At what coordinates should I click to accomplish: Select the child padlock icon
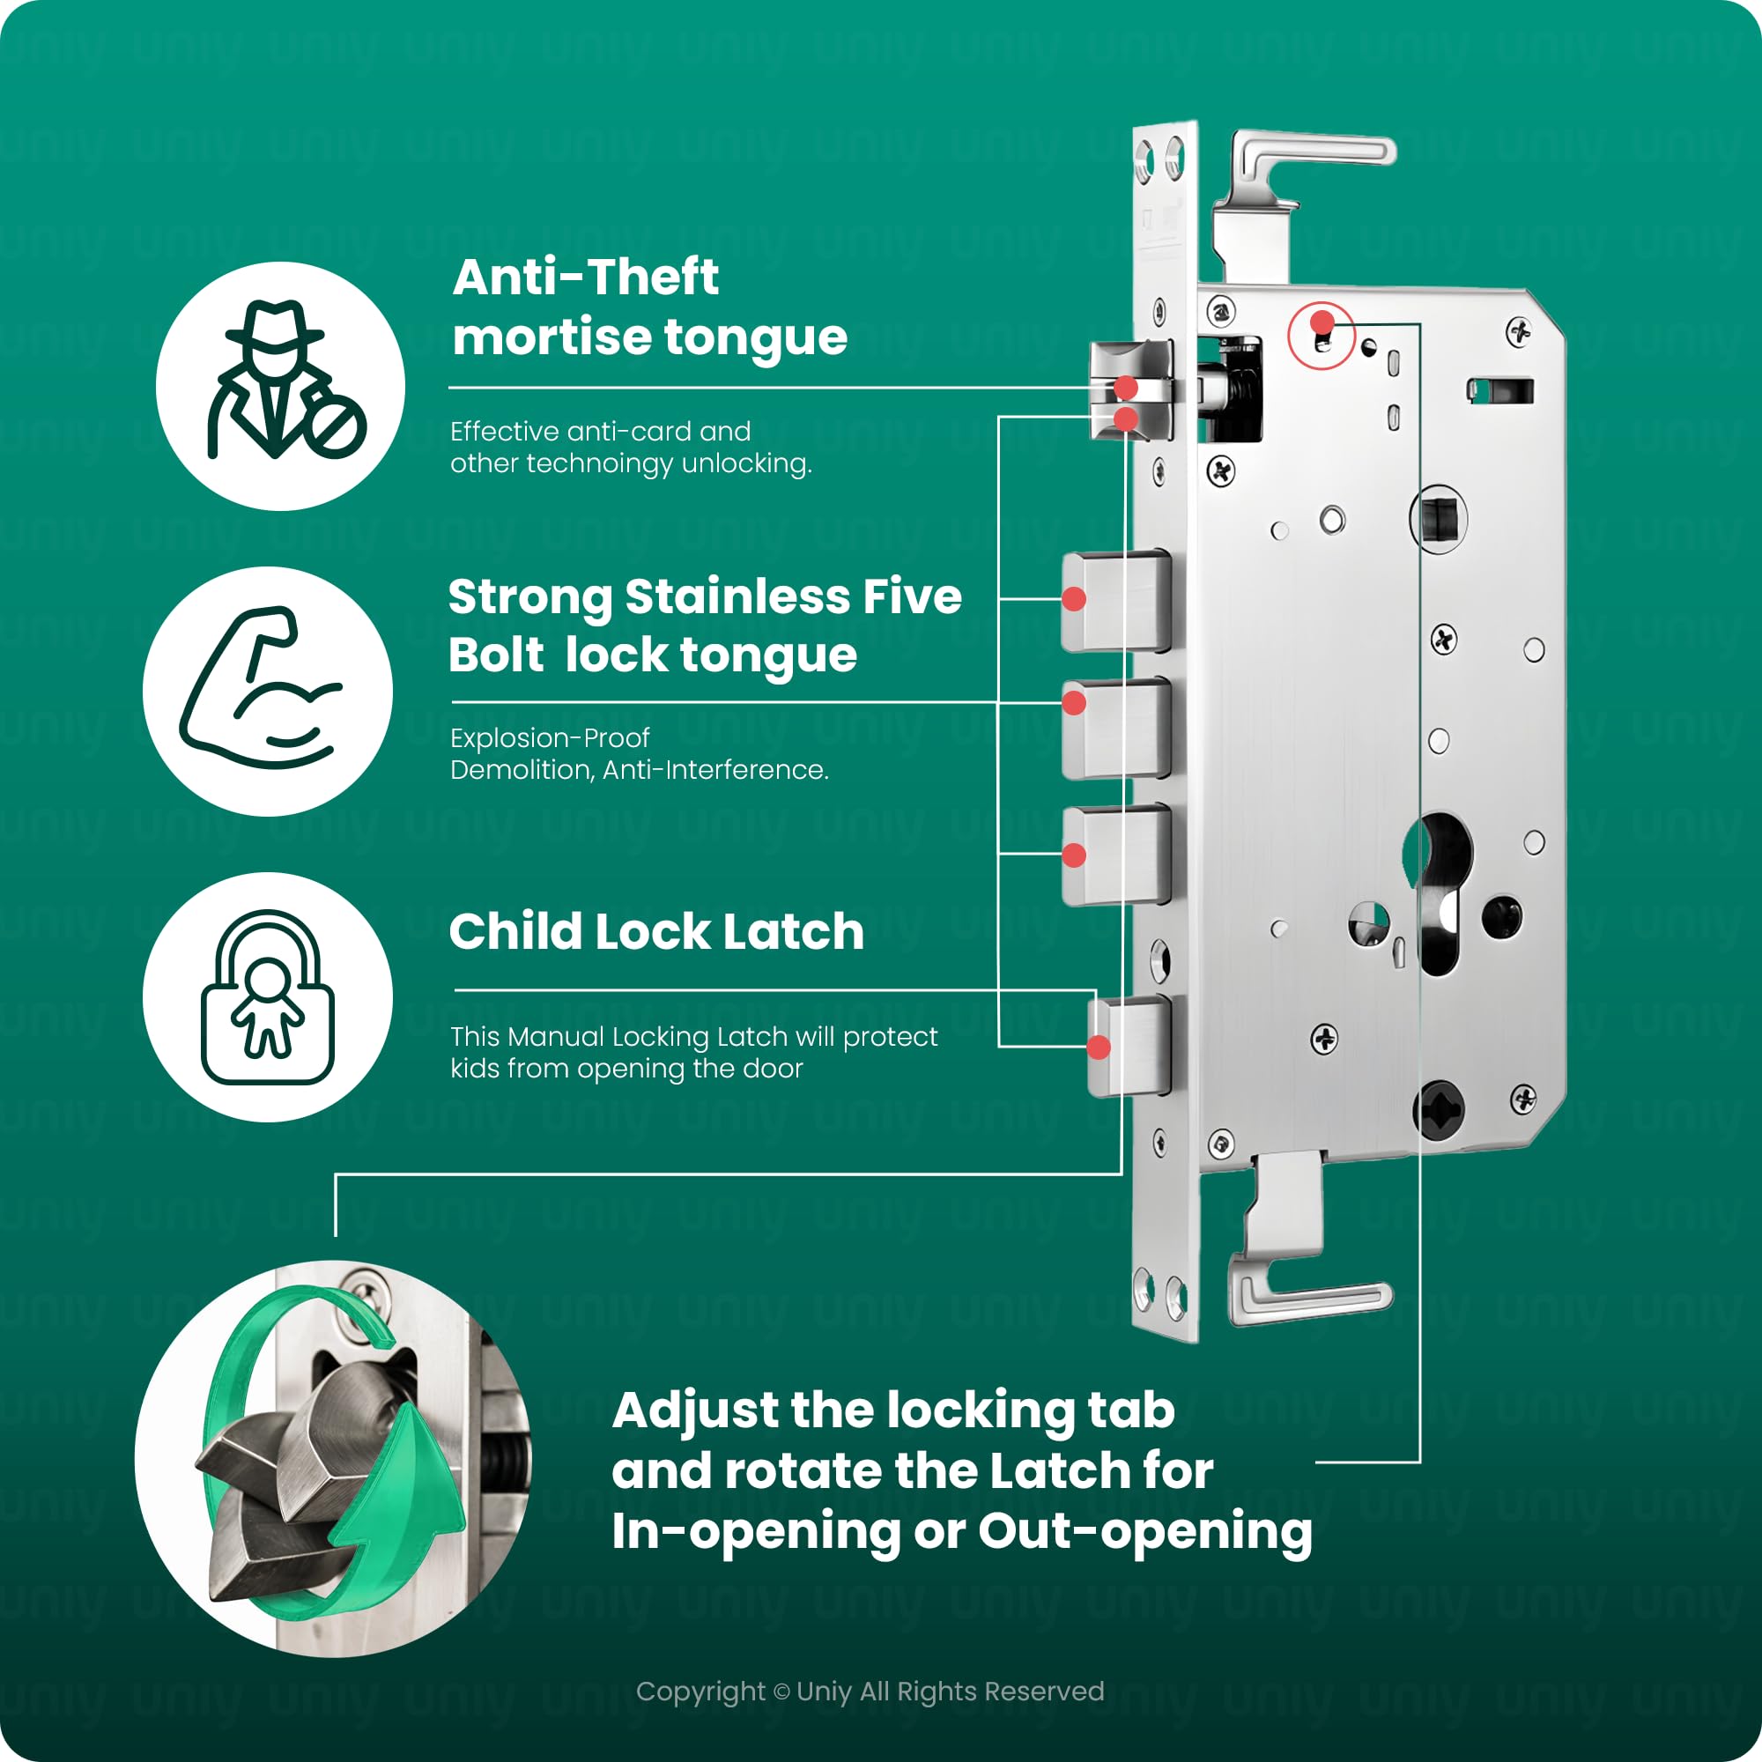[267, 996]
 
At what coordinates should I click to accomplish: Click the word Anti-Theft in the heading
[586, 278]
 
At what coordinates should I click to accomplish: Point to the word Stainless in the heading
[737, 597]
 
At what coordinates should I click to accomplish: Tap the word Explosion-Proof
[549, 737]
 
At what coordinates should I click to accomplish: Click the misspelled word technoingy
[597, 464]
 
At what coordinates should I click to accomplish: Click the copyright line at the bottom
[870, 1692]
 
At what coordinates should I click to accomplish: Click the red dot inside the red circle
[1321, 322]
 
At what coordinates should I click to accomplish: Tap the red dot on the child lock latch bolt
[1099, 1047]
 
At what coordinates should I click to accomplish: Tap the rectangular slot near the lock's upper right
[1500, 391]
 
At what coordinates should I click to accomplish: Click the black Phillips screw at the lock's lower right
[1439, 1111]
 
